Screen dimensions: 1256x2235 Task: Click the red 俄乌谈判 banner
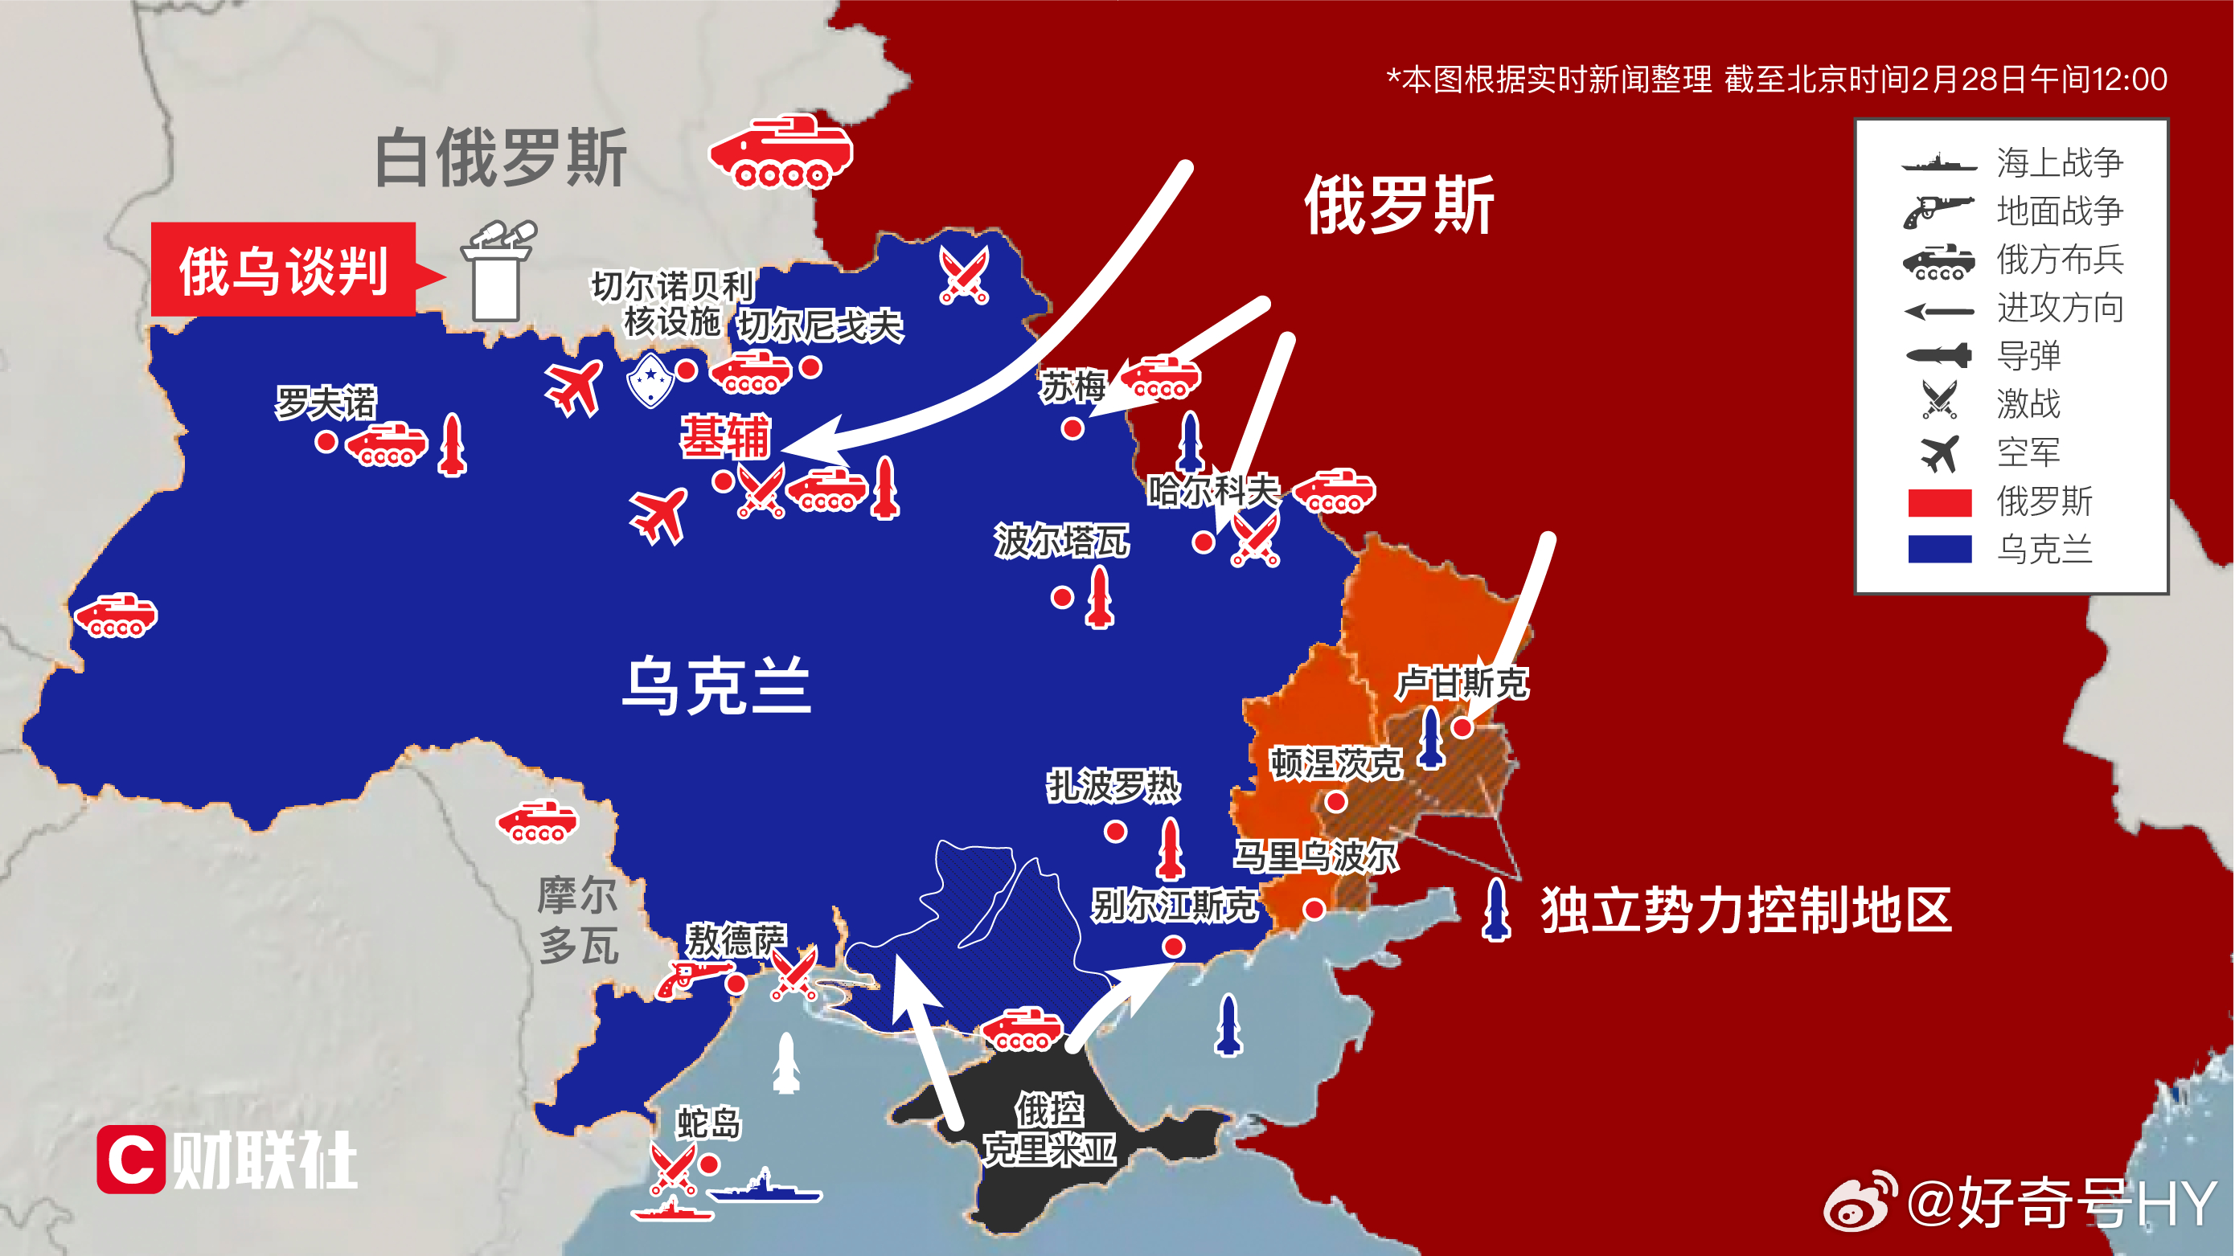coord(283,270)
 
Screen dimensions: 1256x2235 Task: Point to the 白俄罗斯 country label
coord(501,158)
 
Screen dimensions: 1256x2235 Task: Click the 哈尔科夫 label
coord(1212,491)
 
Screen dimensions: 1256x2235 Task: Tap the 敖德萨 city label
coord(736,939)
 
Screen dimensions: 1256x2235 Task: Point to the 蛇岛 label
coord(709,1123)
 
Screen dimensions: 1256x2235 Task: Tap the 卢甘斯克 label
coord(1462,684)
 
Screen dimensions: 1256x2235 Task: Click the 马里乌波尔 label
coord(1315,856)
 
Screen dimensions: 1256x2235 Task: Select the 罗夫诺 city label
coord(326,403)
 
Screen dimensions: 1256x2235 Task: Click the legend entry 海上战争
coord(2058,163)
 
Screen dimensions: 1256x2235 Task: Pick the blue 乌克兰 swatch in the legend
coord(1939,550)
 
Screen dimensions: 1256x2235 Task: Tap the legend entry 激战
coord(2028,404)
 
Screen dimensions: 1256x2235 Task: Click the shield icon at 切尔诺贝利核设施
coord(650,379)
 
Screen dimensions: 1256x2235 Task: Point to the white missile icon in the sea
coord(786,1062)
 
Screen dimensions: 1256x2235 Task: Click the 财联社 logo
coord(228,1160)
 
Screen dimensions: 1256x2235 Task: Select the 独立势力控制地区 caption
coord(1745,910)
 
